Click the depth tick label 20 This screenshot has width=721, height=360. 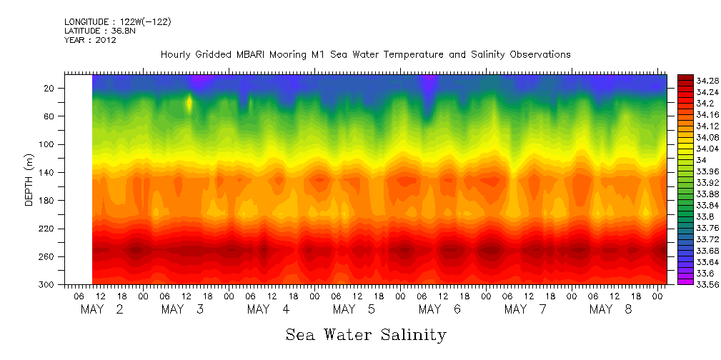point(50,88)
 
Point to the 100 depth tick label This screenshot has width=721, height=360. point(48,144)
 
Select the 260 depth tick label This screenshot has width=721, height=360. point(48,256)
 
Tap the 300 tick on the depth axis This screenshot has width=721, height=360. point(48,284)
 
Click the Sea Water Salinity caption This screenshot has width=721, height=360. point(366,334)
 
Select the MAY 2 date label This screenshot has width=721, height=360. point(101,309)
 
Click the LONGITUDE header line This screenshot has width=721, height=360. point(117,22)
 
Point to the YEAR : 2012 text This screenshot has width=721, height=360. point(90,40)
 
